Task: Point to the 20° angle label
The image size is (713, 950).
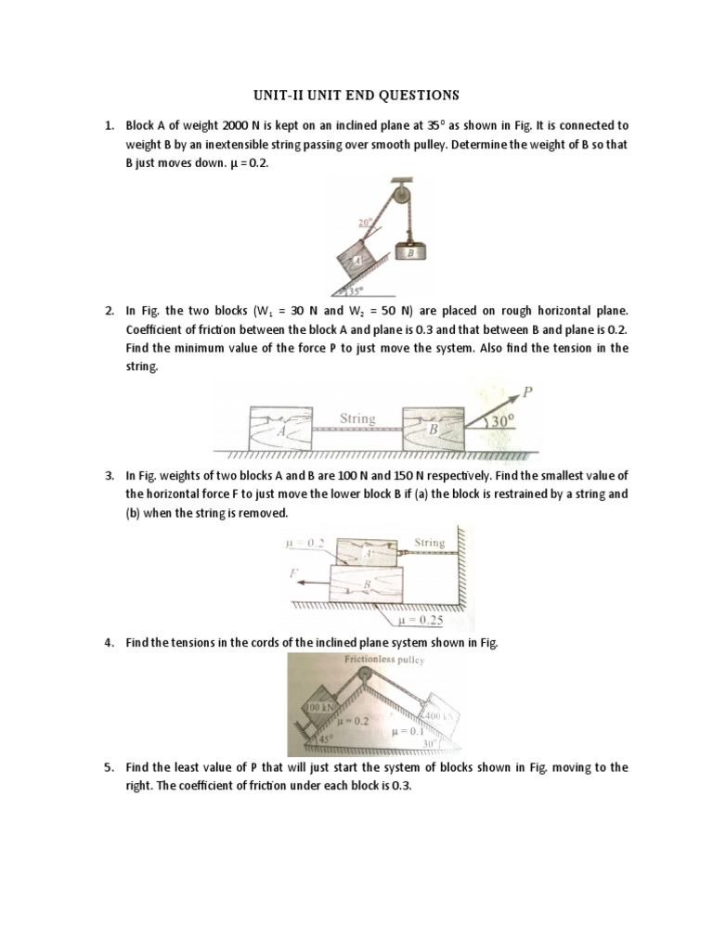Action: (364, 223)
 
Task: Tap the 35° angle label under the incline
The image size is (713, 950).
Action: (358, 289)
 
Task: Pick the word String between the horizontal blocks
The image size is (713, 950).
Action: (357, 418)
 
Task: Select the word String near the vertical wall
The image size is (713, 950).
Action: (429, 542)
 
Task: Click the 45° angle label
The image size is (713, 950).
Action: (325, 738)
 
